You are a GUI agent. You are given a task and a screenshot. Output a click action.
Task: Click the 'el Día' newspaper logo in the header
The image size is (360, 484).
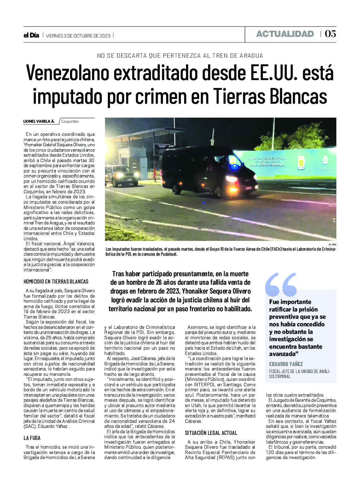tap(31, 35)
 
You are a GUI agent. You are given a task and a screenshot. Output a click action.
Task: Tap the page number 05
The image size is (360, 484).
tap(330, 34)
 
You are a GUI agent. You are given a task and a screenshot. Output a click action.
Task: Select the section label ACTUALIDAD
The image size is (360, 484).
tap(285, 34)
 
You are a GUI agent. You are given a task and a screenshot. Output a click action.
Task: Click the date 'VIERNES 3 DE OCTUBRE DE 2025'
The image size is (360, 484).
tap(78, 36)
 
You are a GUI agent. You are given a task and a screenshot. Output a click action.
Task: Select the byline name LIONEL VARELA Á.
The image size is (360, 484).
tap(39, 121)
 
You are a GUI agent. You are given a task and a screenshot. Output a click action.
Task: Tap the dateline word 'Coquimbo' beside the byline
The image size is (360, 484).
tap(70, 121)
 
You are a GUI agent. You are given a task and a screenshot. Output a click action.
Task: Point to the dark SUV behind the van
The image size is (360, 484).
tap(121, 175)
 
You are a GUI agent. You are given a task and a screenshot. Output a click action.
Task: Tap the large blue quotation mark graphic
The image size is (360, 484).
tap(281, 284)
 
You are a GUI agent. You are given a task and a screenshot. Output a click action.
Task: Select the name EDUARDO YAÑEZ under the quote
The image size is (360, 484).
tap(286, 364)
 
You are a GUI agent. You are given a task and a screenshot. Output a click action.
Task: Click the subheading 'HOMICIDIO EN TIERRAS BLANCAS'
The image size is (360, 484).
tap(56, 282)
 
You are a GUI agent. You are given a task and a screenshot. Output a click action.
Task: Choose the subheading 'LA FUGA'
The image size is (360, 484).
tap(32, 438)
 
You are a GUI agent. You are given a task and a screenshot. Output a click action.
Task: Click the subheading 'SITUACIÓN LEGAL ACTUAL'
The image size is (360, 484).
tap(211, 433)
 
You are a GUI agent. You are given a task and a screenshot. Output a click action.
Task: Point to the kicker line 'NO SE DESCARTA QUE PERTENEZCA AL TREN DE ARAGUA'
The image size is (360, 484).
tap(180, 56)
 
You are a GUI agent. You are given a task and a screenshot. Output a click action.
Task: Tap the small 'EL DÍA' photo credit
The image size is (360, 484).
tap(332, 245)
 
